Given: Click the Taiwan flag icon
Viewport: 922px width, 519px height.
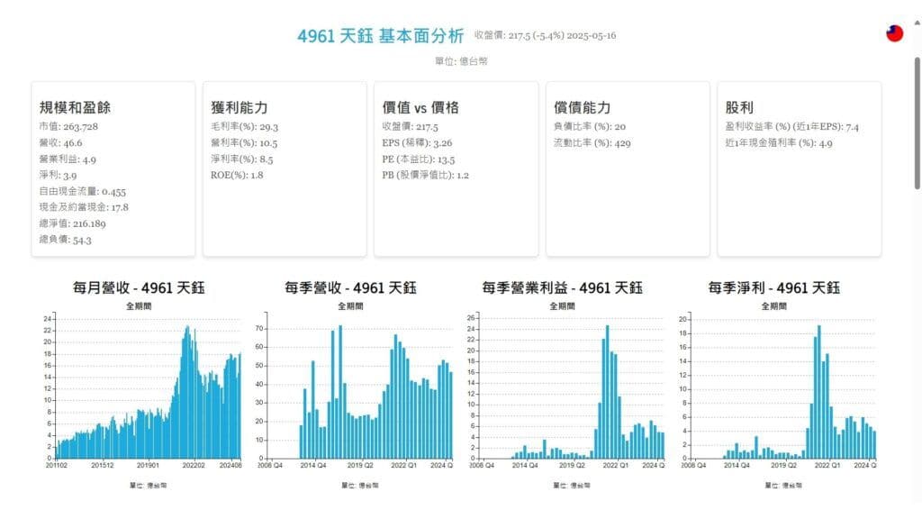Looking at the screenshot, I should click(894, 33).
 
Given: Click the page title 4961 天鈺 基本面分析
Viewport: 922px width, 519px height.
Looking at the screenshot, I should click(380, 36).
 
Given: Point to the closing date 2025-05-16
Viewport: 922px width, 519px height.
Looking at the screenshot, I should click(587, 36).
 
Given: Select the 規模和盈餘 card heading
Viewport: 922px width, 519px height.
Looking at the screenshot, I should click(75, 107).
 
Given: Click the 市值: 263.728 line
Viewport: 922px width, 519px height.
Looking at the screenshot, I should click(68, 126).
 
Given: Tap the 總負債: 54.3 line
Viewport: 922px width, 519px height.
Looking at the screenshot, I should click(65, 240).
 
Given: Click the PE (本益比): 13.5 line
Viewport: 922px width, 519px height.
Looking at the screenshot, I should click(420, 159).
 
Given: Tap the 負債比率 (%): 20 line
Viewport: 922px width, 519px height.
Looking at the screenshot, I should click(590, 126).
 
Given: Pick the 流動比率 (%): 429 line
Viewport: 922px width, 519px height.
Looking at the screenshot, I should click(592, 142).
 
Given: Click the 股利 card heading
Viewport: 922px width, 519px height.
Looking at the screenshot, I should click(739, 107).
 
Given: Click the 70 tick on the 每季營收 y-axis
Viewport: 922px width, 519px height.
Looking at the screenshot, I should click(259, 328).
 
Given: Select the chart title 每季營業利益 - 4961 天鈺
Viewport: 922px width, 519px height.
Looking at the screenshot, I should click(562, 288).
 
